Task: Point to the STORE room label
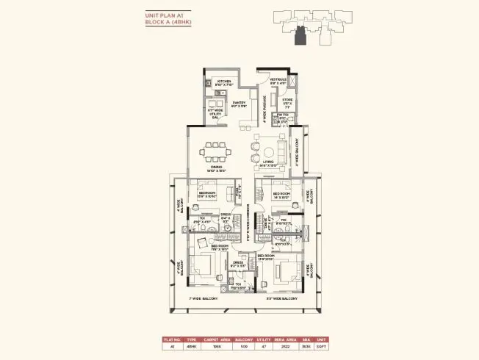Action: pyautogui.click(x=287, y=101)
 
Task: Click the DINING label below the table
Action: pyautogui.click(x=215, y=168)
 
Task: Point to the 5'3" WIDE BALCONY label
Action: pyautogui.click(x=281, y=299)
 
